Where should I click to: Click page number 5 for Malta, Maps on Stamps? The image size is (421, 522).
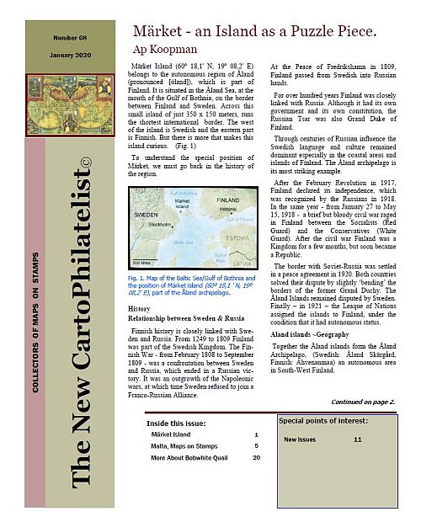click(256, 445)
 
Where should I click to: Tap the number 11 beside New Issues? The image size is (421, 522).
click(358, 439)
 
